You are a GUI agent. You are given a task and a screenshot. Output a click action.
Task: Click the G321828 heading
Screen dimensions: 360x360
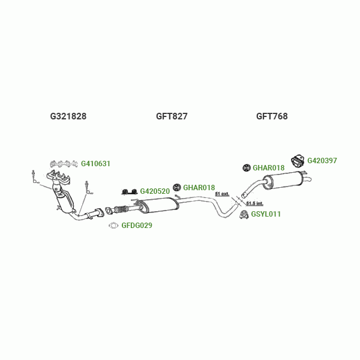coord(68,116)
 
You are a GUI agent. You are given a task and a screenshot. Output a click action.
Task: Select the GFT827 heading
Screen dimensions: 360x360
coord(172,116)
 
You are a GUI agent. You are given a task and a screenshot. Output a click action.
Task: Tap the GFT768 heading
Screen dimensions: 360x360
coord(272,116)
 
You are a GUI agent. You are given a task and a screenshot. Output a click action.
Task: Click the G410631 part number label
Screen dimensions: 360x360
coord(96,163)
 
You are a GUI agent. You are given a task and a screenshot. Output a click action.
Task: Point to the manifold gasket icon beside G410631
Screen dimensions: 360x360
coord(64,163)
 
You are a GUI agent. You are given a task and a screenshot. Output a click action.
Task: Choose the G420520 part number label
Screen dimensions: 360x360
coord(155,191)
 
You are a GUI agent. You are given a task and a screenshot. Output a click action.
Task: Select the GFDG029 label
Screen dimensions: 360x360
coord(137,226)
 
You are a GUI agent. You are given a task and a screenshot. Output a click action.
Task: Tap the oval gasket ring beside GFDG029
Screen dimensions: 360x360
coord(113,226)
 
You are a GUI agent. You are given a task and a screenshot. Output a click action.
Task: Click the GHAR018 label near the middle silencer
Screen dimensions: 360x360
coord(199,188)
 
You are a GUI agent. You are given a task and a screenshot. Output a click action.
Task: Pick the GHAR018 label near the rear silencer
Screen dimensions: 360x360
coord(268,168)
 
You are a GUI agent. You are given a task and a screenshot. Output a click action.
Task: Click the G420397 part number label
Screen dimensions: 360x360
coord(322,161)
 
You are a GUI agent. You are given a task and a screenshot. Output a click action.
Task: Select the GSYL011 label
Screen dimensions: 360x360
coord(266,214)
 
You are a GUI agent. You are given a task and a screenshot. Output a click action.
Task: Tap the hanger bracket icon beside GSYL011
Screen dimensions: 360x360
coord(244,214)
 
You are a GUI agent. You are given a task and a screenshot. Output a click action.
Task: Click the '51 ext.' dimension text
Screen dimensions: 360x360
coord(222,194)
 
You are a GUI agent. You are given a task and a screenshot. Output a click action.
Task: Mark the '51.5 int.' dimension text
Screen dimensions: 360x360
coord(254,204)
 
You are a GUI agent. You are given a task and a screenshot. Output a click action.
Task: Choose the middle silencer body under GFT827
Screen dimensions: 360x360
coord(158,206)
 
